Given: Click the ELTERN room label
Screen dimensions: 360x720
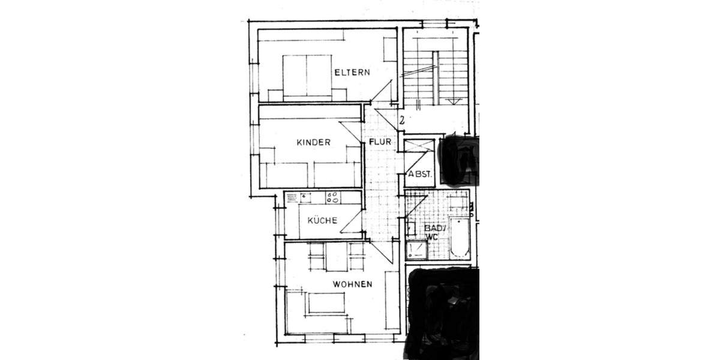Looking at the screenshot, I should pos(352,73).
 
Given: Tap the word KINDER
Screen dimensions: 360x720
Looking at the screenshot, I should pos(314,142).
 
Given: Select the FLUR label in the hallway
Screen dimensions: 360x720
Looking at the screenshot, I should pos(380,142).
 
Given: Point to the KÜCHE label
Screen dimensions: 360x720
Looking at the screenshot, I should pos(322,220).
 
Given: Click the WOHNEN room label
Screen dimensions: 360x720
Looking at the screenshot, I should pos(353,284).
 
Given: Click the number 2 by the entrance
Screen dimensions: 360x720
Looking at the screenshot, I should pos(402,120).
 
